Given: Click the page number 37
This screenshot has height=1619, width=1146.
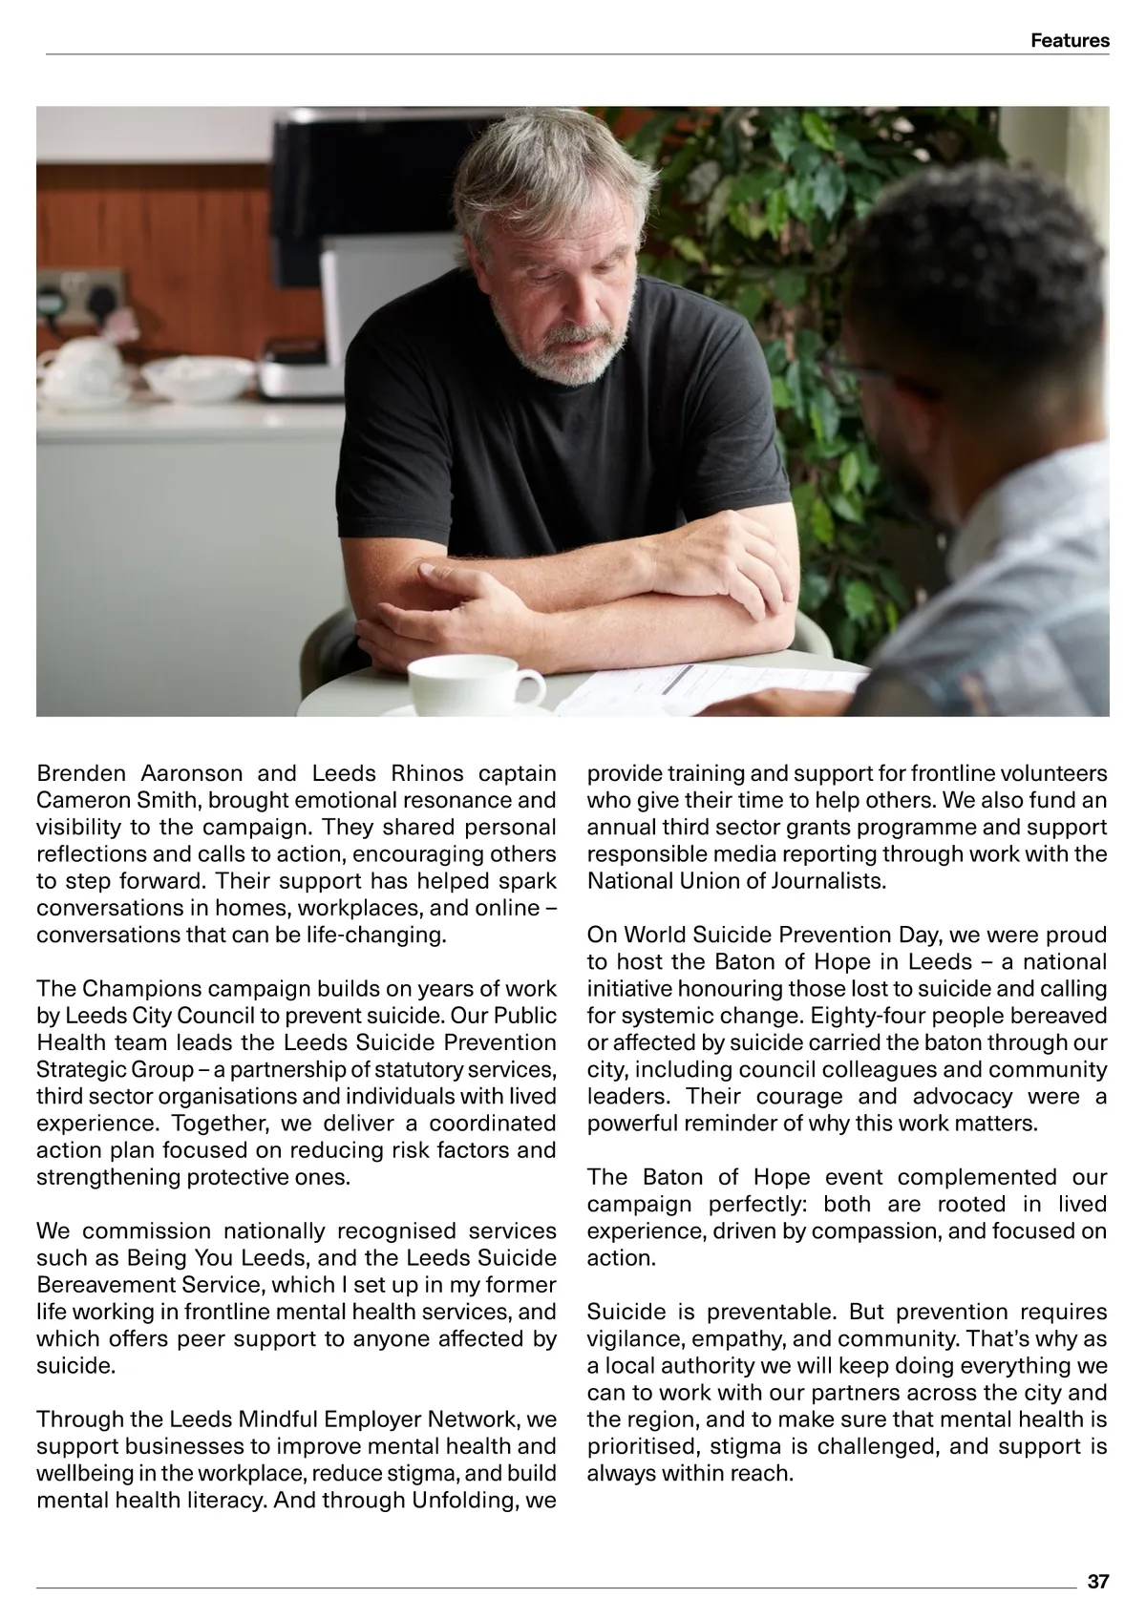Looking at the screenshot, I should click(x=1097, y=1582).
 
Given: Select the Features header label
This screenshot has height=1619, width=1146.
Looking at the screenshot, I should click(x=1070, y=40).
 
